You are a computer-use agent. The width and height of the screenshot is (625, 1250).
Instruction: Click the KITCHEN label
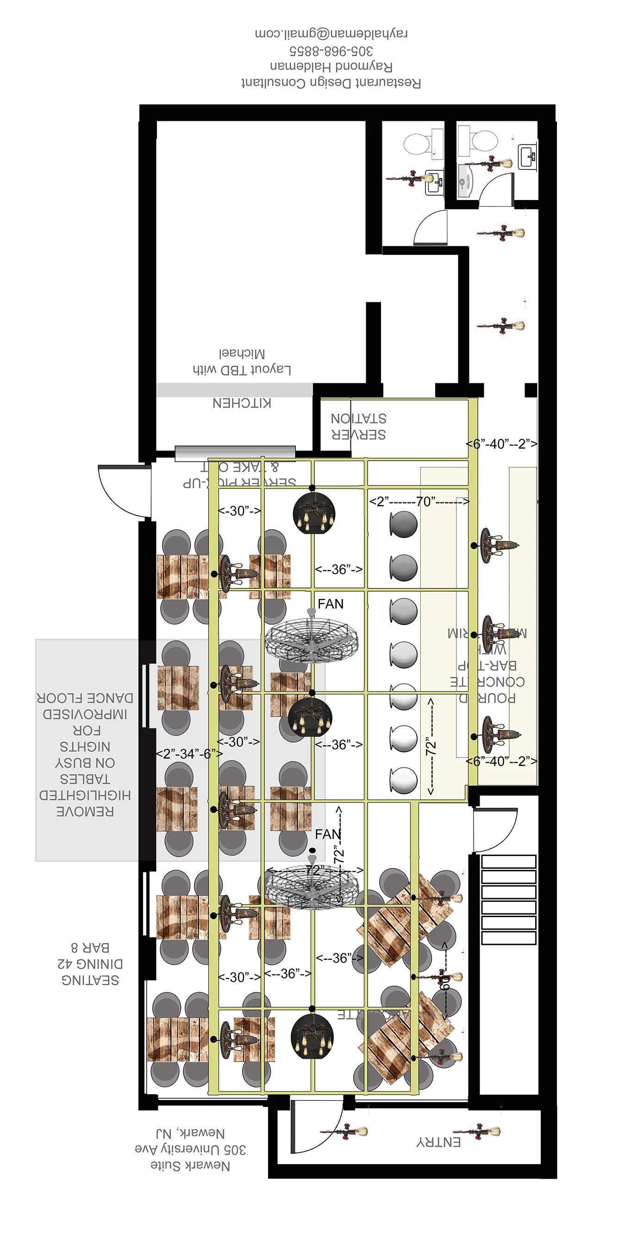pyautogui.click(x=242, y=403)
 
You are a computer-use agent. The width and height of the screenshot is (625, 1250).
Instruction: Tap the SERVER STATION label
pyautogui.click(x=359, y=426)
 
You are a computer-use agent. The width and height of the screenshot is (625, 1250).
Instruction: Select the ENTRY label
pyautogui.click(x=438, y=1142)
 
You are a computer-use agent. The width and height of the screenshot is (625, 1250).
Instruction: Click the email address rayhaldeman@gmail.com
pyautogui.click(x=331, y=33)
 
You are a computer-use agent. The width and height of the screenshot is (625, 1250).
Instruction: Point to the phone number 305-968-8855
pyautogui.click(x=331, y=50)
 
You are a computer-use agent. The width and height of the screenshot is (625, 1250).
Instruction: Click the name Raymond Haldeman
pyautogui.click(x=331, y=66)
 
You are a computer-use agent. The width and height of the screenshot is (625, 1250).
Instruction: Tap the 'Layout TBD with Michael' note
pyautogui.click(x=242, y=362)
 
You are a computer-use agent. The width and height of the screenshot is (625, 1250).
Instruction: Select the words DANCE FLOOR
pyautogui.click(x=85, y=698)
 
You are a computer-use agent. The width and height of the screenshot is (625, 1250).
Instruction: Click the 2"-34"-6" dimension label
pyautogui.click(x=189, y=754)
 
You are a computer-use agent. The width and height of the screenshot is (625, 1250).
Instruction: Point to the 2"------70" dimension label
pyautogui.click(x=419, y=501)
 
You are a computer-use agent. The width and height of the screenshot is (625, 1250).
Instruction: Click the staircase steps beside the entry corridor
pyautogui.click(x=508, y=900)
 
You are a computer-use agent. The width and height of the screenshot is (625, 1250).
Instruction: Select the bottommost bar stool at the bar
pyautogui.click(x=403, y=780)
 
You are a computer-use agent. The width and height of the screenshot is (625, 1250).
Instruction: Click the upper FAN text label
pyautogui.click(x=331, y=604)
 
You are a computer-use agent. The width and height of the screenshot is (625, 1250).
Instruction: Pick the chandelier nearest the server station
pyautogui.click(x=314, y=513)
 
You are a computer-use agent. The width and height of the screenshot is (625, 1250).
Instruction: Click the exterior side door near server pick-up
pyautogui.click(x=124, y=490)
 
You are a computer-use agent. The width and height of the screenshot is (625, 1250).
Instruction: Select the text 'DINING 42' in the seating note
pyautogui.click(x=90, y=964)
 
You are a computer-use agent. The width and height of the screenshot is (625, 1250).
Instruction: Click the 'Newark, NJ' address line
pyautogui.click(x=190, y=1133)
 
